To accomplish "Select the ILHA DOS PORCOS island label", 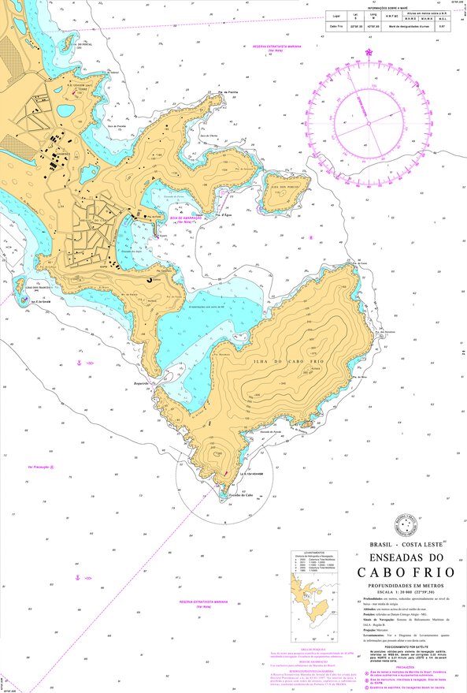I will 277,187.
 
